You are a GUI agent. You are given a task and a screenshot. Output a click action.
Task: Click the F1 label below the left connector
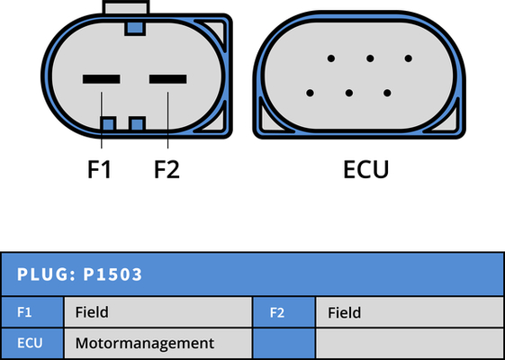point(99,169)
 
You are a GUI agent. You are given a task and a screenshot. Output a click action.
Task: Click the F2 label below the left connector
point(167,169)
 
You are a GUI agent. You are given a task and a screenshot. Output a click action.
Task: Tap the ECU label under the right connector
point(366,169)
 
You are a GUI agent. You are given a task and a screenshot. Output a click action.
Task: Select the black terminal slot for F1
point(102,79)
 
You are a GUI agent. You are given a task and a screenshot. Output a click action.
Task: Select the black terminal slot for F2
point(167,79)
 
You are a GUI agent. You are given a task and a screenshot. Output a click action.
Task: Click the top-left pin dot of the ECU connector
point(331,58)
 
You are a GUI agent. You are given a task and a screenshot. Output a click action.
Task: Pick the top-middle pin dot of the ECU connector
point(370,58)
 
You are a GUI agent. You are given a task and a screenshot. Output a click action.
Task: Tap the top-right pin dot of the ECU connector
point(409,58)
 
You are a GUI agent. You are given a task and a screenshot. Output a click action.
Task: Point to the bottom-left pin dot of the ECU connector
point(311,93)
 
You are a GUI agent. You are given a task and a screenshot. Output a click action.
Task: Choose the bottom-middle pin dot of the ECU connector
point(348,93)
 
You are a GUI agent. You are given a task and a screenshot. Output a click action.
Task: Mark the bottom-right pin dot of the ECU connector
point(387,93)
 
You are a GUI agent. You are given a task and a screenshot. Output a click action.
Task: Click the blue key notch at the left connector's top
point(135,28)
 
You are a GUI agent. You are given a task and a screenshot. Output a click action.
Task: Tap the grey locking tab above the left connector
point(126,8)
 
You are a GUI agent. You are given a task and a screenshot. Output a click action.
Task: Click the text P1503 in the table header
point(113,274)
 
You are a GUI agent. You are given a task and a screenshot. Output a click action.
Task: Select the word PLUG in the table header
point(43,274)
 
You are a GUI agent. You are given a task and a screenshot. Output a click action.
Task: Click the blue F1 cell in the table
point(32,312)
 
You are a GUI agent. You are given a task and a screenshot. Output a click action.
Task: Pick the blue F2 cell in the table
point(284,312)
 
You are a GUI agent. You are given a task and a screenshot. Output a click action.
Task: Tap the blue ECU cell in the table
point(32,343)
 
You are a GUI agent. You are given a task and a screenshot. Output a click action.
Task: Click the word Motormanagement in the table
point(145,343)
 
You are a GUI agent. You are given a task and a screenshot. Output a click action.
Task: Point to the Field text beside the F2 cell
point(344,312)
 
